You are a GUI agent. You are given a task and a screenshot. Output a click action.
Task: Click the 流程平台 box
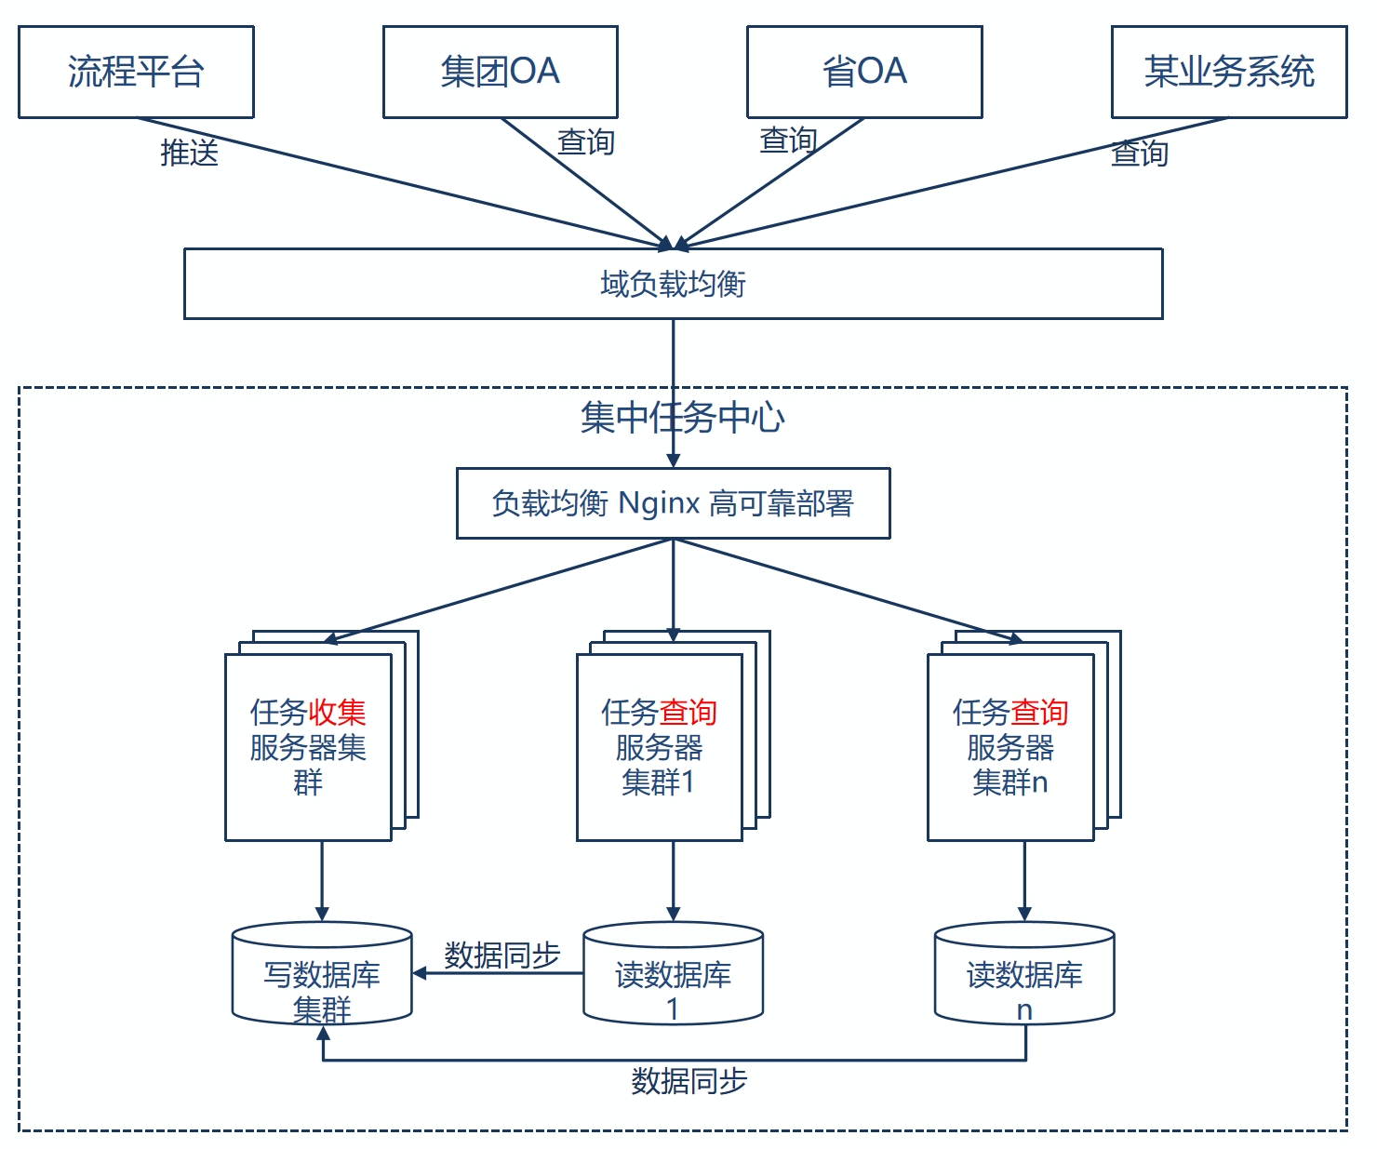coord(136,72)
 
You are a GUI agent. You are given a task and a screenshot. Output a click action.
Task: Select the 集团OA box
coord(500,72)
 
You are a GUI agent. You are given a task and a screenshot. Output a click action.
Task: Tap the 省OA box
coord(864,72)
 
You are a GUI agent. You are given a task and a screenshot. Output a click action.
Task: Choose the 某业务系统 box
coord(1229,72)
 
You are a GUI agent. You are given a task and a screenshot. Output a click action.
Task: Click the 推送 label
coord(189,152)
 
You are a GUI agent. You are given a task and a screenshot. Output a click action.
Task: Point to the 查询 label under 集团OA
coord(585,142)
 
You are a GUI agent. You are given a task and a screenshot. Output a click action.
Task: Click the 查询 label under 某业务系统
coord(1140,153)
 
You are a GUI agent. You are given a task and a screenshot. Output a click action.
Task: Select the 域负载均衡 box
coord(673,284)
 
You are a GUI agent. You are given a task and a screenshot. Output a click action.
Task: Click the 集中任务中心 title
coord(682,418)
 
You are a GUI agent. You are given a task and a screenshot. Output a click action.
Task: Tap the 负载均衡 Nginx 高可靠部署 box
coord(673,503)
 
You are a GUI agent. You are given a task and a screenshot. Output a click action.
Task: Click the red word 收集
coord(337,713)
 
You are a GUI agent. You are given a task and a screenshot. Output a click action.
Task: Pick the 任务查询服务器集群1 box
coord(659,747)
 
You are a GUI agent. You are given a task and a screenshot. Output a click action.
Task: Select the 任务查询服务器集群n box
coord(1010,747)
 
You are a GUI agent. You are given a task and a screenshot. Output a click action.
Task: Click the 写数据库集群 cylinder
coord(322,975)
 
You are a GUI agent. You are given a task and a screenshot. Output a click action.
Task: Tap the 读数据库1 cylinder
coord(673,975)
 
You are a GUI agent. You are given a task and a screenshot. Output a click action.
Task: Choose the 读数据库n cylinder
coord(1024,975)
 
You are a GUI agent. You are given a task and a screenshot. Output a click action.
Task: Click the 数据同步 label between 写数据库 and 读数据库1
coord(501,955)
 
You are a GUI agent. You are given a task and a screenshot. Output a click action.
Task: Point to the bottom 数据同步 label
coord(688,1081)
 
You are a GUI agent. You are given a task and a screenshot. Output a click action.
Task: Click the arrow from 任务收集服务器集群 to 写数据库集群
coord(322,880)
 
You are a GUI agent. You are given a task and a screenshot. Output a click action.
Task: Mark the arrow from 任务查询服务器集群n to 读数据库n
coord(1024,880)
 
